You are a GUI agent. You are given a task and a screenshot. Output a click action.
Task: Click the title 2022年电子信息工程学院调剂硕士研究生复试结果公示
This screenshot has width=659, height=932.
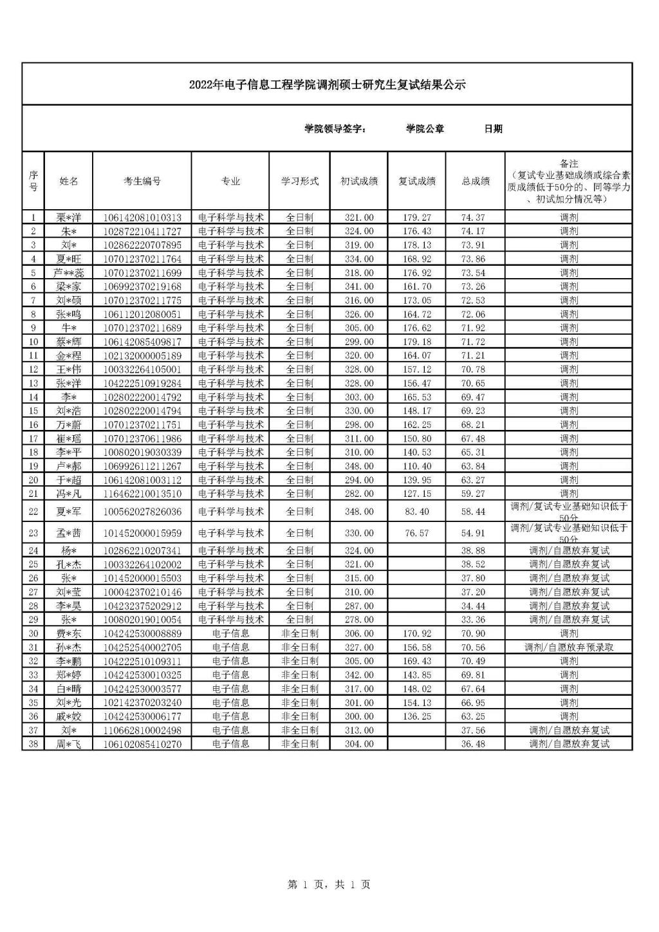click(x=327, y=85)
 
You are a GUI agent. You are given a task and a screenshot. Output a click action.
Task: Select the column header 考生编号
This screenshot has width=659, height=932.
click(x=142, y=182)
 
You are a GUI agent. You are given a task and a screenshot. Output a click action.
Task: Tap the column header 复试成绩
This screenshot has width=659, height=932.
click(x=416, y=182)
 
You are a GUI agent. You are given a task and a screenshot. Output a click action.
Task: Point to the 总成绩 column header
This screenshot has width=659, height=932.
click(x=475, y=182)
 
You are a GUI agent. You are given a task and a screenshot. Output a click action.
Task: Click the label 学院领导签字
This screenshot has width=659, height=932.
click(x=335, y=129)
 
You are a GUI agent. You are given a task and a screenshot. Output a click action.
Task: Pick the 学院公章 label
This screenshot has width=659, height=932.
click(x=425, y=129)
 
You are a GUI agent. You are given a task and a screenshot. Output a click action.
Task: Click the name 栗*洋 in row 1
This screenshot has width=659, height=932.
click(x=69, y=218)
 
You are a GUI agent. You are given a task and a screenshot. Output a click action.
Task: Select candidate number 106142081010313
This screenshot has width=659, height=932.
click(x=142, y=218)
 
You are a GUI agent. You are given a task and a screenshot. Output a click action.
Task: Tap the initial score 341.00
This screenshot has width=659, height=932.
click(x=358, y=286)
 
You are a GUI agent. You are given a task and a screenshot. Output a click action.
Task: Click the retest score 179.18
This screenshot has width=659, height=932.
click(x=416, y=342)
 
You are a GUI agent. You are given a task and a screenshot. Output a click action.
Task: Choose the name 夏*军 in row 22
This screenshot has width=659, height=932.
click(x=69, y=512)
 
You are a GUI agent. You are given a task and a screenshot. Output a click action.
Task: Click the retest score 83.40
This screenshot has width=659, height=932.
click(x=416, y=512)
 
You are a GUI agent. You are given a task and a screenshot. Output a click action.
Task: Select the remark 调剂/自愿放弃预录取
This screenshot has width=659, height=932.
click(x=569, y=648)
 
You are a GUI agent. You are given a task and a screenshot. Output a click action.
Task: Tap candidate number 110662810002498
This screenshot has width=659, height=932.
click(x=142, y=730)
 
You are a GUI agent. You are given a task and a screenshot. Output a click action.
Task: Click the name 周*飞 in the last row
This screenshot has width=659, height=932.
click(x=69, y=744)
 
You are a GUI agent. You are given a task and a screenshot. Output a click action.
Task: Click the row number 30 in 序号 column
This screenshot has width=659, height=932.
click(x=33, y=633)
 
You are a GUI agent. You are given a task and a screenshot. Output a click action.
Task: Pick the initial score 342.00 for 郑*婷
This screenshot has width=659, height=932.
click(x=358, y=675)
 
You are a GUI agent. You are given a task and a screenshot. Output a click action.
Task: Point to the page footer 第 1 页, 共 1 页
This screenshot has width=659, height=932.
click(x=329, y=885)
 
